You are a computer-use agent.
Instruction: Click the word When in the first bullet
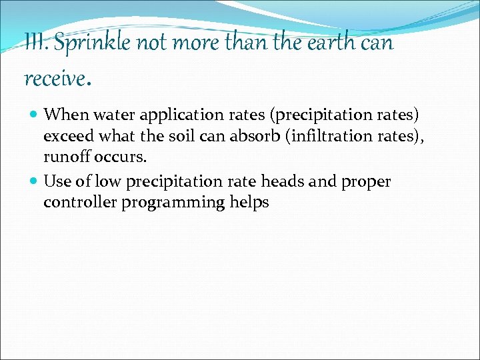tap(61, 115)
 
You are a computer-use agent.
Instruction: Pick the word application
tap(174, 115)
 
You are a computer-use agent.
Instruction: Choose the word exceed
tap(69, 137)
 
